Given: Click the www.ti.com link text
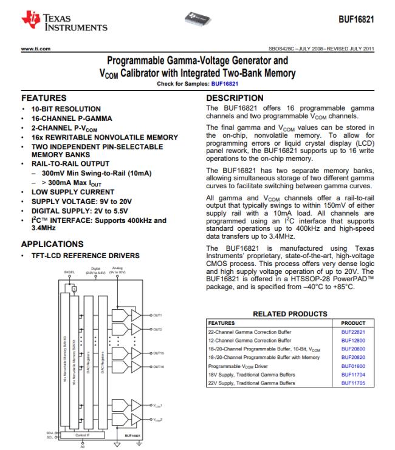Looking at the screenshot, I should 36,49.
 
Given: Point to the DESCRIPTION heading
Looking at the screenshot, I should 235,98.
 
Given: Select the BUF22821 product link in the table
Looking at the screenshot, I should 353,333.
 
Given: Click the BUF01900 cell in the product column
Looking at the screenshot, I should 353,367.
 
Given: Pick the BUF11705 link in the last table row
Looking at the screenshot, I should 353,384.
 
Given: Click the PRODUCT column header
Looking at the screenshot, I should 354,324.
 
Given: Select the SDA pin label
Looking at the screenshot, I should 50,432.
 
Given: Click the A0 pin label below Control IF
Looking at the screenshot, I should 83,447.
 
